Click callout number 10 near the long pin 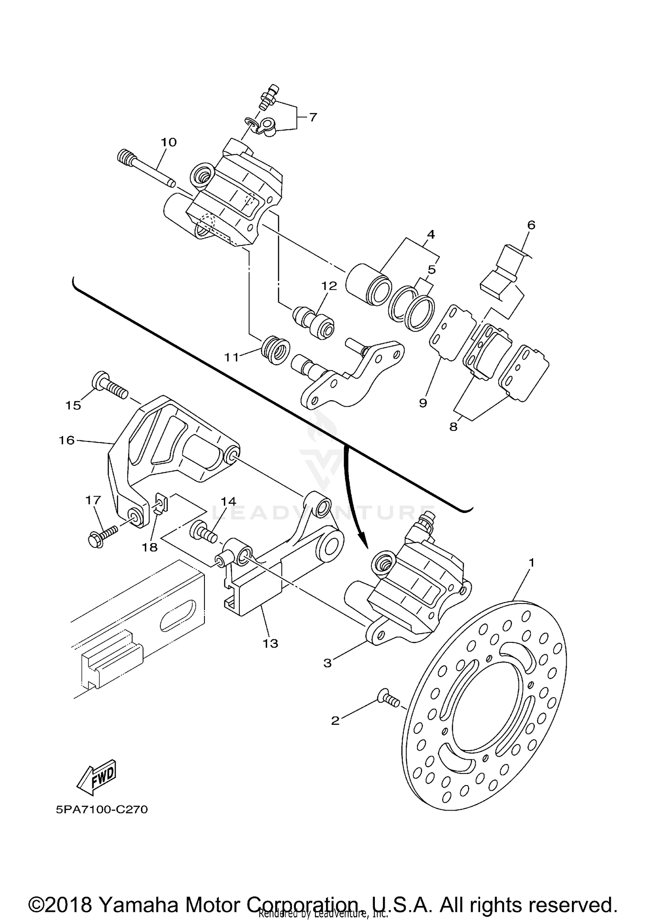pos(169,142)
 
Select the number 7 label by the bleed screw pos(313,116)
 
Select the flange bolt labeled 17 pos(103,534)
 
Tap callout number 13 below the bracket pos(270,644)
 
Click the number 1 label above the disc pos(532,563)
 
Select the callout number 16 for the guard pos(67,440)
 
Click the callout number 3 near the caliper pos(328,663)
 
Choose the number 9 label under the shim pos(423,403)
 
